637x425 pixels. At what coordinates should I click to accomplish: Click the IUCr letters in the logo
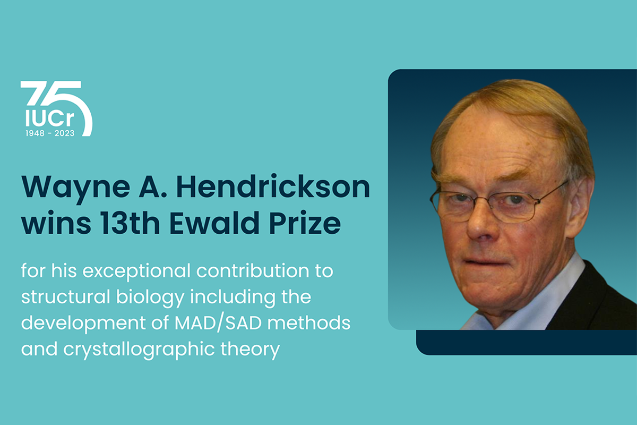50,118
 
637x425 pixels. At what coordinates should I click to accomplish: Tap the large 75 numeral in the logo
56,108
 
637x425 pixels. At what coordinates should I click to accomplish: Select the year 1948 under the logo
35,133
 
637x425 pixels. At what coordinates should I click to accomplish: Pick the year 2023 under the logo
65,133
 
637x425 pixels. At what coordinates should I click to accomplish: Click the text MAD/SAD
218,323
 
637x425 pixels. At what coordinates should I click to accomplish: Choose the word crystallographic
139,350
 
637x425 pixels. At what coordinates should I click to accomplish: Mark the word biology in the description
150,297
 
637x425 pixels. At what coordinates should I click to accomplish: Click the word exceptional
136,271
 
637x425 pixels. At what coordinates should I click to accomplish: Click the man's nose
480,225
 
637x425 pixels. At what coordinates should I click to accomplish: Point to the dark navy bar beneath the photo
526,343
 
